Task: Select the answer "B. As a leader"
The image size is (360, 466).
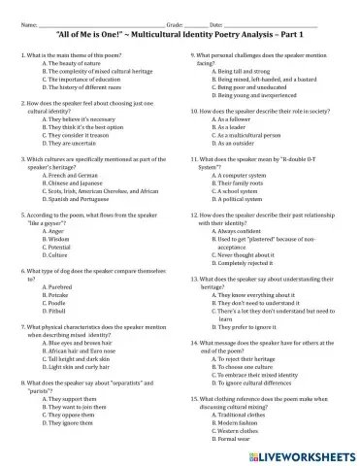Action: (x=230, y=126)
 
